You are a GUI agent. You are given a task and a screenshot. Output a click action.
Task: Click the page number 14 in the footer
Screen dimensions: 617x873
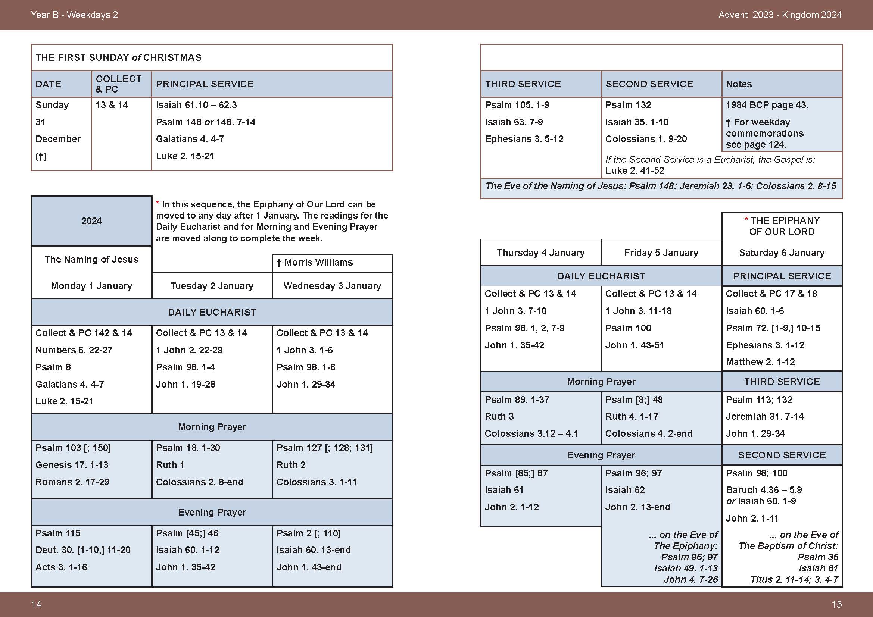[x=36, y=604]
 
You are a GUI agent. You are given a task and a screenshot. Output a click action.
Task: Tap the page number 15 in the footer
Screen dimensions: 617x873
[x=836, y=604]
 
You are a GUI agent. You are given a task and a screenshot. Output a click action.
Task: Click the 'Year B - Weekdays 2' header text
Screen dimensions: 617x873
[x=74, y=15]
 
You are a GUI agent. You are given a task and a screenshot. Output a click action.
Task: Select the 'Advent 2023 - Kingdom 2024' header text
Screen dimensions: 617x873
[x=780, y=15]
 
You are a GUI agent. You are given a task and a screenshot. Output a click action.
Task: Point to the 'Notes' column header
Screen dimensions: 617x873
[x=738, y=84]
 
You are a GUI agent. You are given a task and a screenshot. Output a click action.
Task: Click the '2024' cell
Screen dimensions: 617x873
[x=91, y=221]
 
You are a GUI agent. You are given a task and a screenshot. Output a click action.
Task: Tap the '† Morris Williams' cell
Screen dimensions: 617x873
[x=315, y=263]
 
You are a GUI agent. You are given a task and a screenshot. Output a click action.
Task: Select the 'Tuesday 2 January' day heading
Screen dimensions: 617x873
[x=212, y=286]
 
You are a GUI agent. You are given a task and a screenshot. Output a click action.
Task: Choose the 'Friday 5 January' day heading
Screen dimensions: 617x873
[x=661, y=253]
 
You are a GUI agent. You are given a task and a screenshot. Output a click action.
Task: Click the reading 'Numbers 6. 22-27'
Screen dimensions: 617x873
[x=74, y=350]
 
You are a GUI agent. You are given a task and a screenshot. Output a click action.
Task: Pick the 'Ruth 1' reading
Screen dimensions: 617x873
[x=170, y=465]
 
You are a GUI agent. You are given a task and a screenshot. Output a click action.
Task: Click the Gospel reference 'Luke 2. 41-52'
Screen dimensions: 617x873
[x=635, y=171]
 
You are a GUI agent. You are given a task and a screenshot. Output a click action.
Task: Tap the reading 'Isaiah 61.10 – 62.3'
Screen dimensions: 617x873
[x=196, y=105]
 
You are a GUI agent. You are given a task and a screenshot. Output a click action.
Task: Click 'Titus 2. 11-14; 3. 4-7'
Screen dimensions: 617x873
[x=794, y=580]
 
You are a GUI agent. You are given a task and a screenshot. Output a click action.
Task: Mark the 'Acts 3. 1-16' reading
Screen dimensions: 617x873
[x=61, y=567]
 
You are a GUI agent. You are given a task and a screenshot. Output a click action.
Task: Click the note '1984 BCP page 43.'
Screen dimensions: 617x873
[x=767, y=105]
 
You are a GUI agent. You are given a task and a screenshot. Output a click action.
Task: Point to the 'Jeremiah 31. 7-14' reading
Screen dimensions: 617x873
[x=764, y=417]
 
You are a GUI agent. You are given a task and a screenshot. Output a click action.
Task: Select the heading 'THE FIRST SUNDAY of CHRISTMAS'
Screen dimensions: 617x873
[x=118, y=58]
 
